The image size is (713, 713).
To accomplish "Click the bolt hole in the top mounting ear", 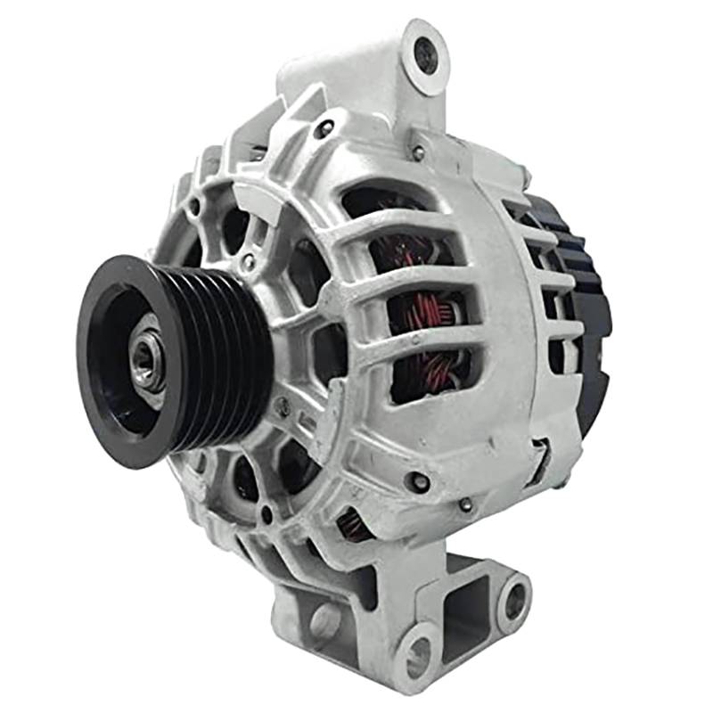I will coord(426,55).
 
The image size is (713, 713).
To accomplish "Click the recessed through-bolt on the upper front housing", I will coord(323,128).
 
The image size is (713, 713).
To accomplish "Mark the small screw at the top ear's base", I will coord(418,152).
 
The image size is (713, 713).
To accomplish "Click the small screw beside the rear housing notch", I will coord(465,504).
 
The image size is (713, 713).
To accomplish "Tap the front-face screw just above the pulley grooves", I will coord(249,263).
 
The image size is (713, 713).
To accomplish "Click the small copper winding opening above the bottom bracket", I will coord(354,525).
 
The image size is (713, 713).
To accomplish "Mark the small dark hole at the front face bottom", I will coord(266,513).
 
